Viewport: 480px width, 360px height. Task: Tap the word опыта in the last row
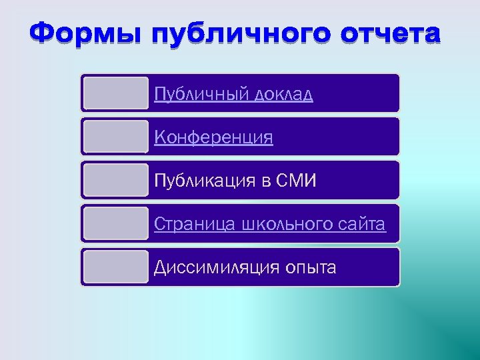311,268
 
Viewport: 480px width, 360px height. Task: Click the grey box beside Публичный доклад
116,93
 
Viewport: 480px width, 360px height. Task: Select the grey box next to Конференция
116,136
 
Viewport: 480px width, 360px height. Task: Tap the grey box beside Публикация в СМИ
116,179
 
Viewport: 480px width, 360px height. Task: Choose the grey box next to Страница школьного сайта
116,223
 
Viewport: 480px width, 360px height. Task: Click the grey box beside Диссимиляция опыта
116,267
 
